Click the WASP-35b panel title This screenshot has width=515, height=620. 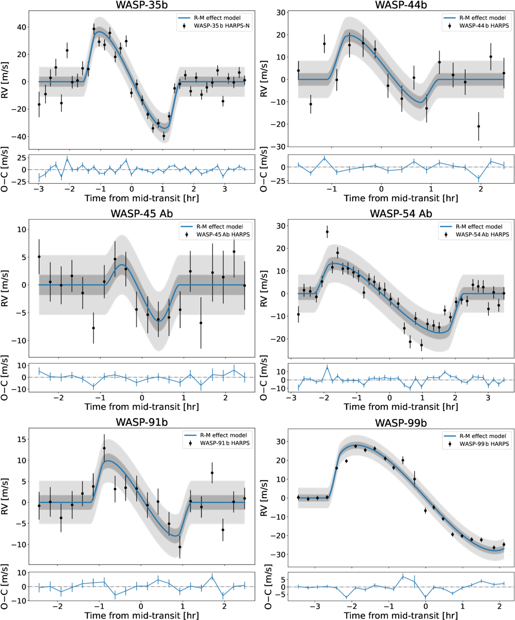point(142,5)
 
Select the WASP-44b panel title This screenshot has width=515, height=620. point(401,5)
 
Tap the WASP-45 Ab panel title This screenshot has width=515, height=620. point(142,214)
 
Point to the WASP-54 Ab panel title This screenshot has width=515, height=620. point(401,214)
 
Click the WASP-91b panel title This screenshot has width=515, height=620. point(142,423)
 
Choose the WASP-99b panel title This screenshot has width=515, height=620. point(401,423)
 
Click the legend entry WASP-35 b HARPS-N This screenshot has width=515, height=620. point(221,26)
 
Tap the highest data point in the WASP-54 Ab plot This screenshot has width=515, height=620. point(327,232)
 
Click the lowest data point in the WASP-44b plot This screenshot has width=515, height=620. point(478,126)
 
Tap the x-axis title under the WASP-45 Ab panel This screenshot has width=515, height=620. point(142,407)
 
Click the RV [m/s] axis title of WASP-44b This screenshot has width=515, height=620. point(264,79)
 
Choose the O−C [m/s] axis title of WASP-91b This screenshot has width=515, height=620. point(5,586)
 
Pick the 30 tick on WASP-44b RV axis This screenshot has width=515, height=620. point(281,13)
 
